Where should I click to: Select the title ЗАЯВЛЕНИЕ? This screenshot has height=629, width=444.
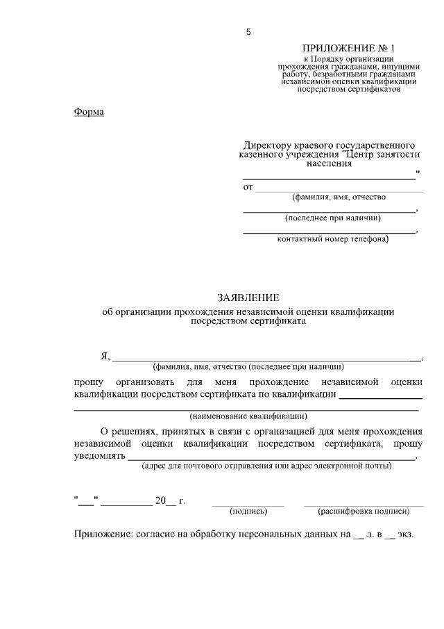(248, 297)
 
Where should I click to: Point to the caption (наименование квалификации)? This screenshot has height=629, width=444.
(248, 416)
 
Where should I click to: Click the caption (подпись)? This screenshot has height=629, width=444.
(248, 511)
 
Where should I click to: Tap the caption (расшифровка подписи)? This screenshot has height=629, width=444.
(364, 511)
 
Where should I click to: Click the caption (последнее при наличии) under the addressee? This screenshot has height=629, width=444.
(330, 218)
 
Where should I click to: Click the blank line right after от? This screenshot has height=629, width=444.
(339, 190)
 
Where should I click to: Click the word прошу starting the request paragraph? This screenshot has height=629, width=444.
(88, 382)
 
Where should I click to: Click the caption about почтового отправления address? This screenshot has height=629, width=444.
(266, 466)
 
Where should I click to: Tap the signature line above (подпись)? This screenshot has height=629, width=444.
(248, 504)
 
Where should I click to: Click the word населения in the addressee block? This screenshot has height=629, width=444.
(329, 164)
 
